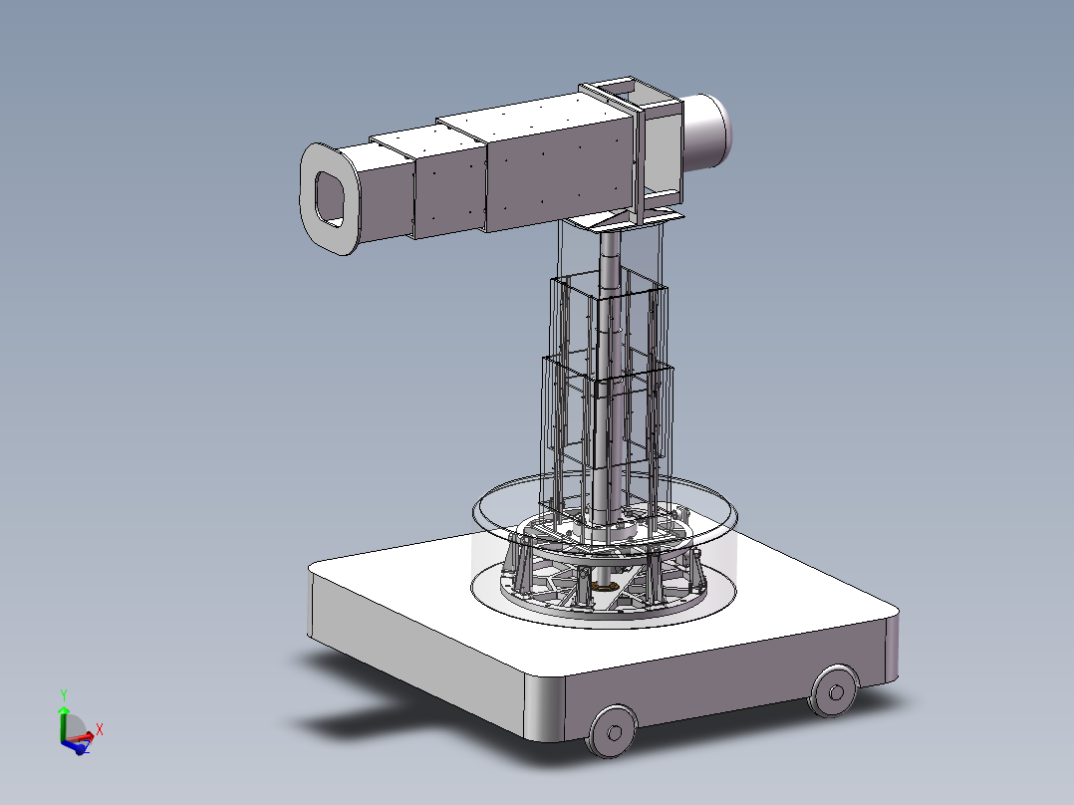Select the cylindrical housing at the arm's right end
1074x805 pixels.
point(710,133)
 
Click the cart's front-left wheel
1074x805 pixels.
point(611,730)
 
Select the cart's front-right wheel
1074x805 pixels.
point(833,689)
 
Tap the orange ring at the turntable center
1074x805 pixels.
point(604,587)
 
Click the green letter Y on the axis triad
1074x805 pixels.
point(63,694)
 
